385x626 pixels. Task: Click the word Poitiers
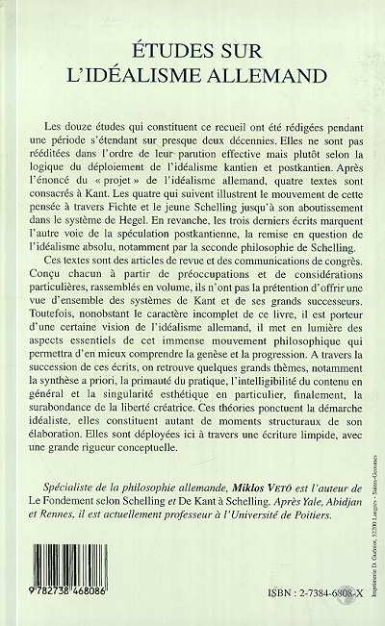301,566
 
